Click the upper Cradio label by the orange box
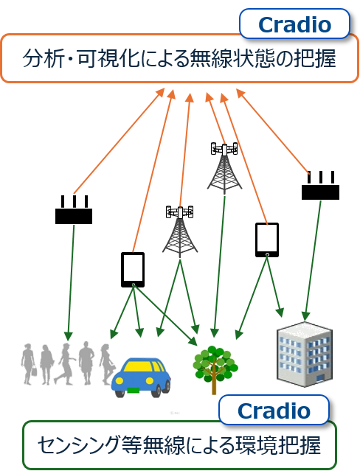tap(294, 24)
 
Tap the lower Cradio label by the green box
tap(274, 411)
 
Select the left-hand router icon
tap(74, 209)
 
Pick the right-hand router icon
tap(320, 185)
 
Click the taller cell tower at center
tap(224, 168)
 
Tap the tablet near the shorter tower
tap(133, 270)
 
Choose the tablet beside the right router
tap(267, 240)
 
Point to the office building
tap(305, 354)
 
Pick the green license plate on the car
tap(133, 391)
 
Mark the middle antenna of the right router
tap(321, 178)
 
